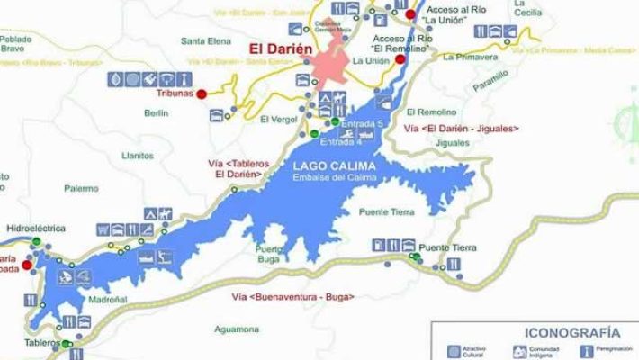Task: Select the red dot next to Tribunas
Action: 202,94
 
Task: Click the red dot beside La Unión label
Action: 375,60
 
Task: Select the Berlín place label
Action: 156,112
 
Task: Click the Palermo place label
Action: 81,188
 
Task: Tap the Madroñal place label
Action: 108,299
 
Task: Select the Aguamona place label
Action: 236,329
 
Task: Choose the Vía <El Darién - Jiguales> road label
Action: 462,129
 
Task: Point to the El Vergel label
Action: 276,119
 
